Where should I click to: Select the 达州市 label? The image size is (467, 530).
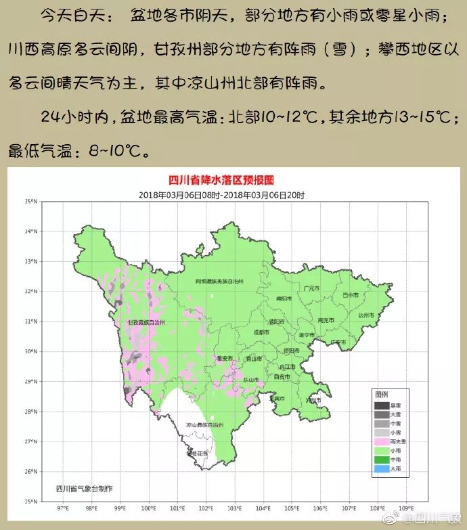point(366,315)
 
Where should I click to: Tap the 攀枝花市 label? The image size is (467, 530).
point(197,454)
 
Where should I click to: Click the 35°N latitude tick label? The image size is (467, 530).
point(31,201)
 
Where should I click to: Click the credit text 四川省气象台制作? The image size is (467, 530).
point(85,488)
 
